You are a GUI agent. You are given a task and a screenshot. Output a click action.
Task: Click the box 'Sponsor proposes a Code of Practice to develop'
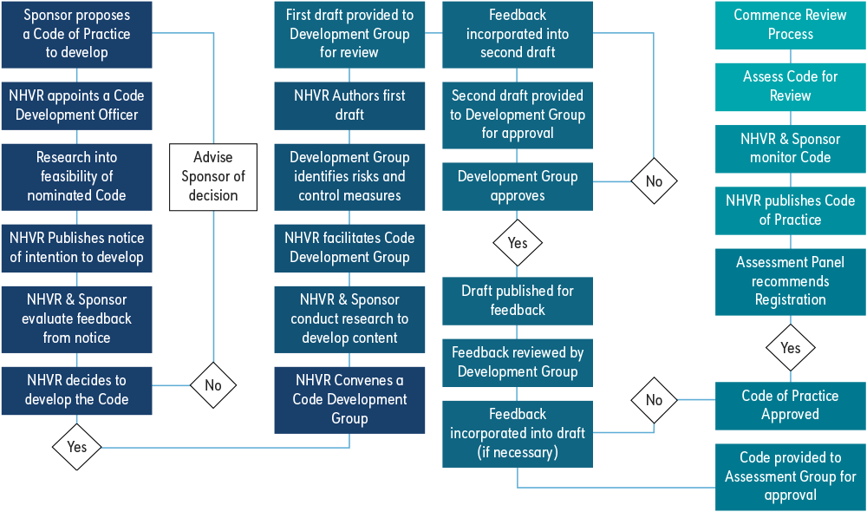[76, 34]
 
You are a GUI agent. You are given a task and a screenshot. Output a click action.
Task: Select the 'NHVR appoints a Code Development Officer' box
[76, 105]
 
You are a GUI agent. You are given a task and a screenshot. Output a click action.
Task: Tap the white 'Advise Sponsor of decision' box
[213, 177]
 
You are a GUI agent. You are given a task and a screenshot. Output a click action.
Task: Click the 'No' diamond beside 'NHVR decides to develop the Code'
[213, 385]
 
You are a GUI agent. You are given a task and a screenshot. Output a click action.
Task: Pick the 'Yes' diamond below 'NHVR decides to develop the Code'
[76, 447]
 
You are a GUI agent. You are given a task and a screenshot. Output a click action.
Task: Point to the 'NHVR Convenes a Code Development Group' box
[349, 399]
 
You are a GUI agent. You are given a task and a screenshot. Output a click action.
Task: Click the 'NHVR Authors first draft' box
[349, 105]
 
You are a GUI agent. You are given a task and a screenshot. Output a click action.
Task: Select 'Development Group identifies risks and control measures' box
[349, 176]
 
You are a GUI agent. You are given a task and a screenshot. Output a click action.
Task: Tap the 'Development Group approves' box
[518, 186]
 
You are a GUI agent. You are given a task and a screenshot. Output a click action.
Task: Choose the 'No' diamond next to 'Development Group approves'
[654, 181]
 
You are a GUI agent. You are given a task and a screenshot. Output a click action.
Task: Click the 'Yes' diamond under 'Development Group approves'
[518, 243]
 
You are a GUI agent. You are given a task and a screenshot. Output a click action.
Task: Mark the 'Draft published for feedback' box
[518, 300]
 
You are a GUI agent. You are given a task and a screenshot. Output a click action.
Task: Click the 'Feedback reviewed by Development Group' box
[518, 362]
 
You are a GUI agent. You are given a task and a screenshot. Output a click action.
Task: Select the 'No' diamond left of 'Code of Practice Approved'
[654, 400]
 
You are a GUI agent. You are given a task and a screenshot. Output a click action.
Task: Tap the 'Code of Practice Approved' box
[790, 405]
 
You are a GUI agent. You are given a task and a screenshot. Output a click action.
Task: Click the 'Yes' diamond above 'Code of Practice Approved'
[790, 348]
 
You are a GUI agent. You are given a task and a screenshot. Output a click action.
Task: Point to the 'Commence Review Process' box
[790, 24]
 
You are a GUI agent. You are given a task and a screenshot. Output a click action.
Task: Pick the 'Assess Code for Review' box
[790, 86]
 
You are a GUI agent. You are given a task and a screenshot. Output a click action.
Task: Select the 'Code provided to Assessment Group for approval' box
[790, 476]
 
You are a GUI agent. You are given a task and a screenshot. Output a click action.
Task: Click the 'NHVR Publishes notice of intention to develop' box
[76, 247]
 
